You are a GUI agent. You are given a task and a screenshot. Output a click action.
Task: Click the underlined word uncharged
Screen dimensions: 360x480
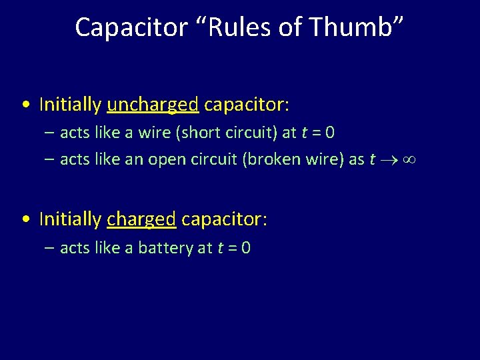coord(153,105)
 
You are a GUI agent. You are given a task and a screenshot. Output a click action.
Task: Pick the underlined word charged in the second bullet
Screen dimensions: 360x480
coord(141,219)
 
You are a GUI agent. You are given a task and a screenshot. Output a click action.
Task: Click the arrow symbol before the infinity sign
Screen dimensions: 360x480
coord(389,160)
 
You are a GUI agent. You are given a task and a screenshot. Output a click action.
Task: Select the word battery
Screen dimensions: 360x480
coord(166,248)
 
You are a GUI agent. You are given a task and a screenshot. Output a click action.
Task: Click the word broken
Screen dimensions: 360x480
coord(266,159)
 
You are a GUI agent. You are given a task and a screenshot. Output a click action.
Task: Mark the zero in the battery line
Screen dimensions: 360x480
coord(246,248)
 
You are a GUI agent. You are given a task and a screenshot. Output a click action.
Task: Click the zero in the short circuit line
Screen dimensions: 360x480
coord(330,133)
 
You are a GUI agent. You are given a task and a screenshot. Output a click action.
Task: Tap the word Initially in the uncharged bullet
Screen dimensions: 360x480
coord(70,105)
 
